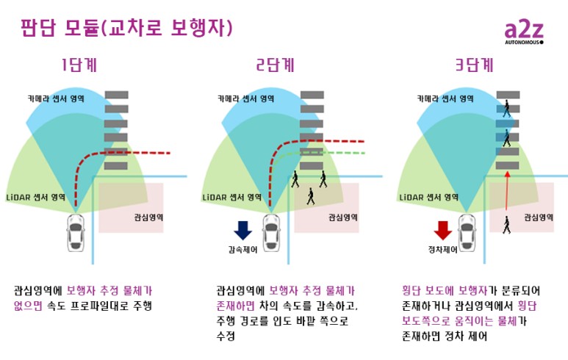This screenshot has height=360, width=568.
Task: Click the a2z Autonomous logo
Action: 523,33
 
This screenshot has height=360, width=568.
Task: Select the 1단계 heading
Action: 78,65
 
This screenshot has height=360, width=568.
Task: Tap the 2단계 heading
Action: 276,65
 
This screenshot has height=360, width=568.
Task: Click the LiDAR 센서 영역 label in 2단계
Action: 232,198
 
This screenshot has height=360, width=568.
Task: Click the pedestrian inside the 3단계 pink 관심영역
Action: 507,225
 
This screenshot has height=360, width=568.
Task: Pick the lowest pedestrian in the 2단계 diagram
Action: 310,196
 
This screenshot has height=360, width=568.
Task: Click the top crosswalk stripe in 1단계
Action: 116,95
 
